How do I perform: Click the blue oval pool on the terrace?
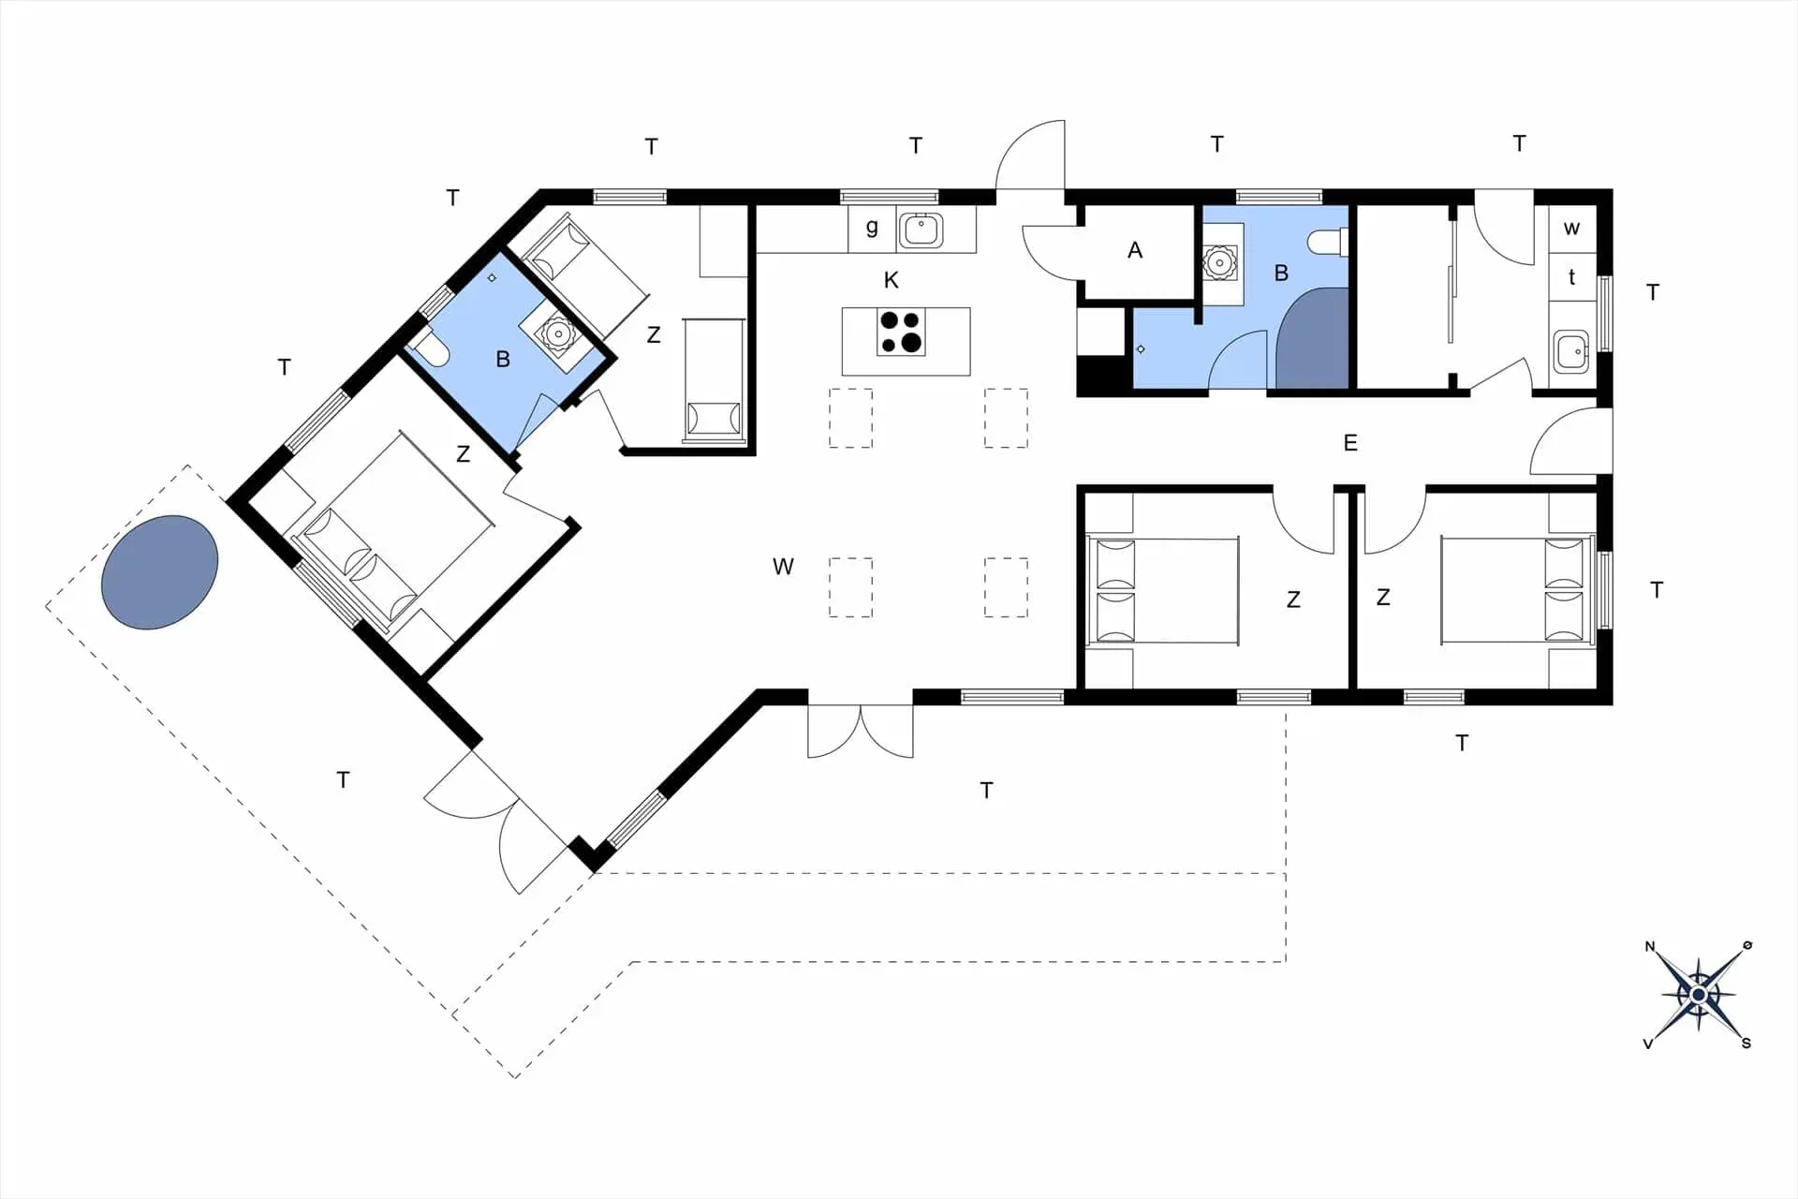pos(160,572)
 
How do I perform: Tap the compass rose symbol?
pos(1698,994)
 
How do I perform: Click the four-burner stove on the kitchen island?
pos(901,332)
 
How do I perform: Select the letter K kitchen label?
pos(891,280)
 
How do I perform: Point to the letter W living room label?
pos(783,567)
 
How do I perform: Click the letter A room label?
pos(1135,250)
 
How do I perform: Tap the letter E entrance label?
pos(1350,443)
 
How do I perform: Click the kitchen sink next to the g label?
pos(921,229)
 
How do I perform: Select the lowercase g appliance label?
pos(872,228)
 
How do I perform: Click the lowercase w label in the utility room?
pos(1571,228)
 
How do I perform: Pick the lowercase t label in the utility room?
pos(1571,277)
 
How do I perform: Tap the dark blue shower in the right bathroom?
pos(1313,338)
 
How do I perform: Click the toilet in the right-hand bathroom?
pos(1328,243)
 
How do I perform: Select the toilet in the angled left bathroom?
pos(432,348)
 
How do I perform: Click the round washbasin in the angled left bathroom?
pos(559,333)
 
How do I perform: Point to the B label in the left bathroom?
pos(503,359)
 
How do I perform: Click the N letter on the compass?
pos(1650,946)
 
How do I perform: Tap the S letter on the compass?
pos(1746,1043)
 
